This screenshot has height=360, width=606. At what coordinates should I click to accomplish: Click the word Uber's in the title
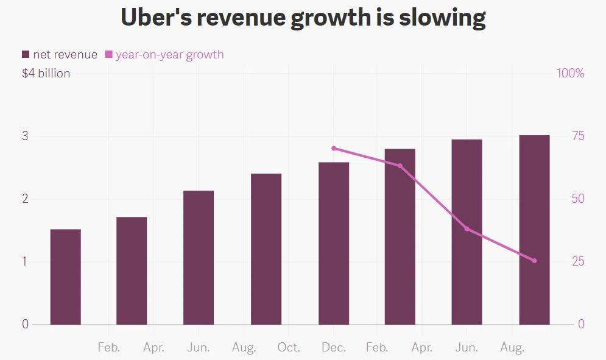[x=156, y=18]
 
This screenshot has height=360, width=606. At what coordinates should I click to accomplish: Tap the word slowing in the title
[x=442, y=19]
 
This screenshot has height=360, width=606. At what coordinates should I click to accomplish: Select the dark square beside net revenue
[x=26, y=55]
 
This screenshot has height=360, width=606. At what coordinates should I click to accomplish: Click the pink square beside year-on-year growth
[x=108, y=55]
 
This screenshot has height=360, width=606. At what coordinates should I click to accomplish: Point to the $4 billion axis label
[x=46, y=74]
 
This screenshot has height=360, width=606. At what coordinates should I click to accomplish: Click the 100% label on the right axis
[x=571, y=73]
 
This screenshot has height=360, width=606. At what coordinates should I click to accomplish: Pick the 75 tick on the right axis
[x=578, y=136]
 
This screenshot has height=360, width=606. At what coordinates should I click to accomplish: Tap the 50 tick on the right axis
[x=578, y=199]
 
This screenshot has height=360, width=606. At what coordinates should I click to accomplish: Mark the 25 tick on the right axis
[x=578, y=261]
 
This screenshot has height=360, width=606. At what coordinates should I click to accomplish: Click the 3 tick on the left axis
[x=25, y=136]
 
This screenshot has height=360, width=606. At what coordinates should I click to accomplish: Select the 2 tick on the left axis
[x=25, y=199]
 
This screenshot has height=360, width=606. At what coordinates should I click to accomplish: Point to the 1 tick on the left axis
[x=25, y=261]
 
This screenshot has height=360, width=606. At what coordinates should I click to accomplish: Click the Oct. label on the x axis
[x=289, y=347]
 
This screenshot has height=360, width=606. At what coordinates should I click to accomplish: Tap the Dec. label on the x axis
[x=334, y=347]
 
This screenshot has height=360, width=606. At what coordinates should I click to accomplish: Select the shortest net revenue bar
[x=66, y=277]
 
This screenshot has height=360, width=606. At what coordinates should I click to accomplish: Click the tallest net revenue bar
[x=535, y=230]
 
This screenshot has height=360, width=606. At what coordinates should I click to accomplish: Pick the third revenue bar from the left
[x=199, y=258]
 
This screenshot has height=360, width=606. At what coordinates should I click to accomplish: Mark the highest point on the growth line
[x=334, y=149]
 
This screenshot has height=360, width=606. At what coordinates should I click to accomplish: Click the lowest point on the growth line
[x=535, y=261]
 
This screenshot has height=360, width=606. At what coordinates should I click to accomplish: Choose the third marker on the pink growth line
[x=467, y=229]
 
